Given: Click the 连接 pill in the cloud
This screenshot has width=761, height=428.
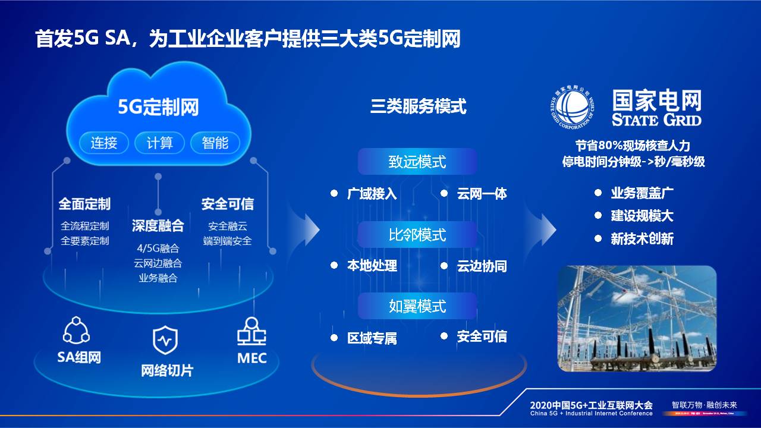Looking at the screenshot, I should point(103,143).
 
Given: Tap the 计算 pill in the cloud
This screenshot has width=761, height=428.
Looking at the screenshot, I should point(159,143).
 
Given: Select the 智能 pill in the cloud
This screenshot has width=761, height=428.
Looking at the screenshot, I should point(215,143).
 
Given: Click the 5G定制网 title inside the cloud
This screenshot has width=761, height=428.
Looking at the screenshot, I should point(158,108).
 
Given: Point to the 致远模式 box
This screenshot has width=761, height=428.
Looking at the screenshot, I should point(417,162).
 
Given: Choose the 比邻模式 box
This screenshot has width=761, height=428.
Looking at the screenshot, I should point(417,235).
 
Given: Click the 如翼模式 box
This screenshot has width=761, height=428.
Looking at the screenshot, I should point(417,306).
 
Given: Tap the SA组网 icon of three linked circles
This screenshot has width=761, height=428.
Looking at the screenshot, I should point(77,331).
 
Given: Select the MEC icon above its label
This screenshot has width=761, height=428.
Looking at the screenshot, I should point(251,331).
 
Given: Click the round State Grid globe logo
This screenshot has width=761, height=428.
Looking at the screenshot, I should point(570,108).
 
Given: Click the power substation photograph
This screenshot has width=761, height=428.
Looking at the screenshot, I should point(637,319).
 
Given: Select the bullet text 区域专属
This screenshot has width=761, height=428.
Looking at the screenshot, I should point(372,338).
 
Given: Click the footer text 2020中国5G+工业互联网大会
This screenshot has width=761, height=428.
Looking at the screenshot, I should point(592,404).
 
